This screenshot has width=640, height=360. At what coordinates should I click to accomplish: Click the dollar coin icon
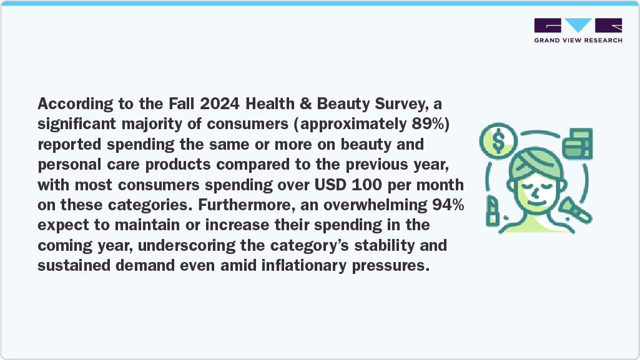498,142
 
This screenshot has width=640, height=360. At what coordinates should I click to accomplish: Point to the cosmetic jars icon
578,144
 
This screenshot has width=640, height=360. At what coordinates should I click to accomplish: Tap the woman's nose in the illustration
534,190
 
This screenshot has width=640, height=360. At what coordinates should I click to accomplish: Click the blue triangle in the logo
578,26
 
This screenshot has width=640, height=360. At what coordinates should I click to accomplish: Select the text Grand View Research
578,41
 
